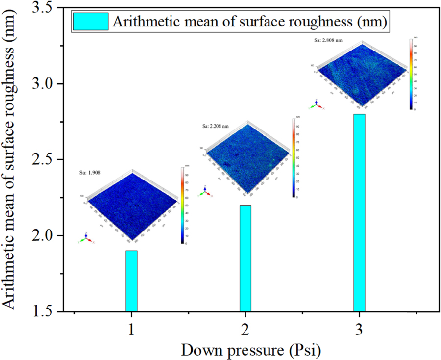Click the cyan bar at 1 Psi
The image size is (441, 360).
(131, 281)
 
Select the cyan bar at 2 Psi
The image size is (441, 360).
(245, 258)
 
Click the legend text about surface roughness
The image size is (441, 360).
(250, 22)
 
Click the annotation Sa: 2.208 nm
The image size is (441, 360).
(216, 126)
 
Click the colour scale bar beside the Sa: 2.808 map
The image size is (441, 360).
(411, 74)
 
